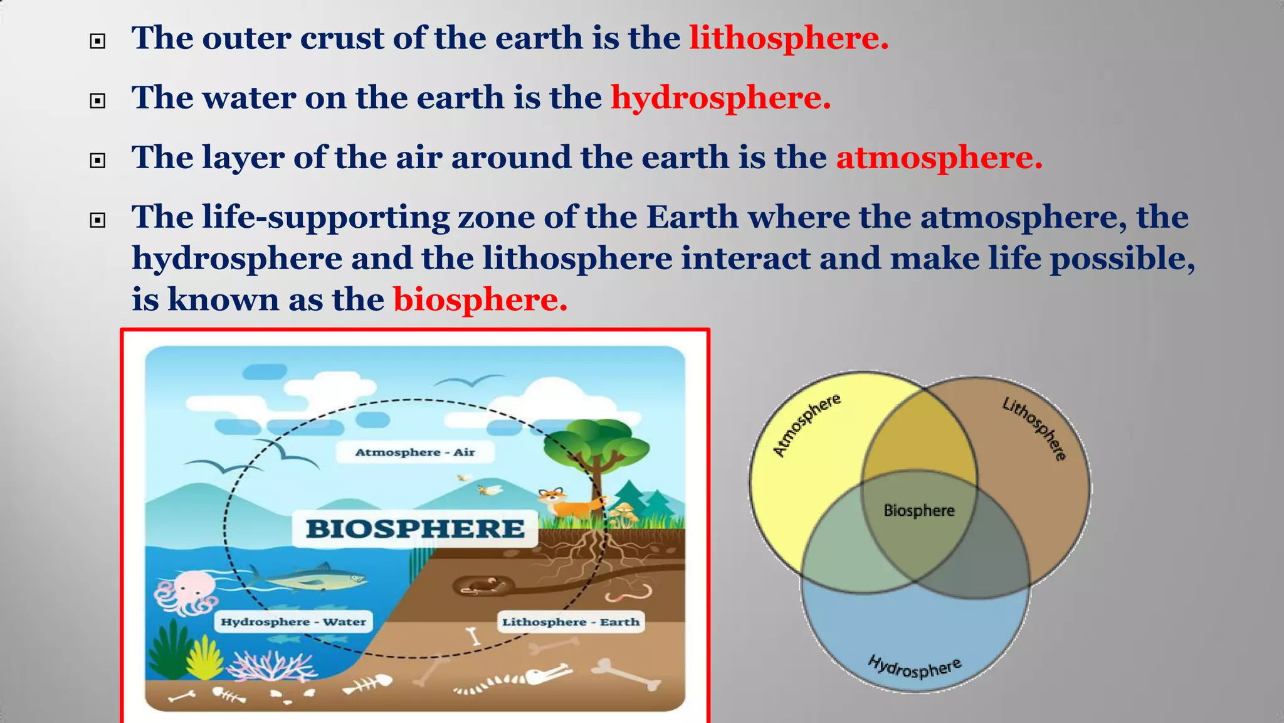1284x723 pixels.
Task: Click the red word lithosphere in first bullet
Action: pos(789,39)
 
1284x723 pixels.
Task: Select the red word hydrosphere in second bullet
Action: pos(720,99)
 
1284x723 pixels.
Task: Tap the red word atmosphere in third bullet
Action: pos(939,158)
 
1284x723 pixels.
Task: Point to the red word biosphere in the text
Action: pos(480,300)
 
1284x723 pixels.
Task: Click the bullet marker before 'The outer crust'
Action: pos(98,42)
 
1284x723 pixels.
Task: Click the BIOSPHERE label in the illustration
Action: pos(415,528)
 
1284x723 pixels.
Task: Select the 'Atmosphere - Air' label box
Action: pos(415,453)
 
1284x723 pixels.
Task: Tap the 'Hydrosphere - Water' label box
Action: pos(293,622)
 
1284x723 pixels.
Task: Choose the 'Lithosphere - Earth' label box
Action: pos(571,622)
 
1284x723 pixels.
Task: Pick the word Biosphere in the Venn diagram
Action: pos(919,511)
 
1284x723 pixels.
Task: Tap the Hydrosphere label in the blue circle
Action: pos(915,668)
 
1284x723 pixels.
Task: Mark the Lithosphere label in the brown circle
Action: pos(1034,429)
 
